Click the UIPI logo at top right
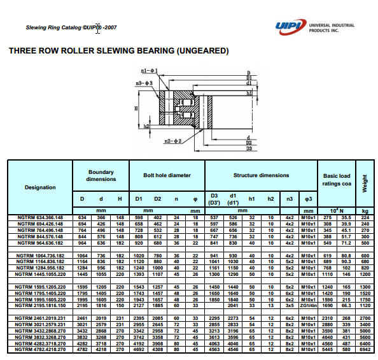coord(290,27)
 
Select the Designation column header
coord(40,187)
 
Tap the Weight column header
coord(365,184)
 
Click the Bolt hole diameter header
coord(167,175)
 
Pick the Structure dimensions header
coord(261,175)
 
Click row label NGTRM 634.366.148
coord(40,217)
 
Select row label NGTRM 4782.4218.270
coord(40,350)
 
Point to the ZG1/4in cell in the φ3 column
coord(309,305)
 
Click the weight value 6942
coord(365,350)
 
